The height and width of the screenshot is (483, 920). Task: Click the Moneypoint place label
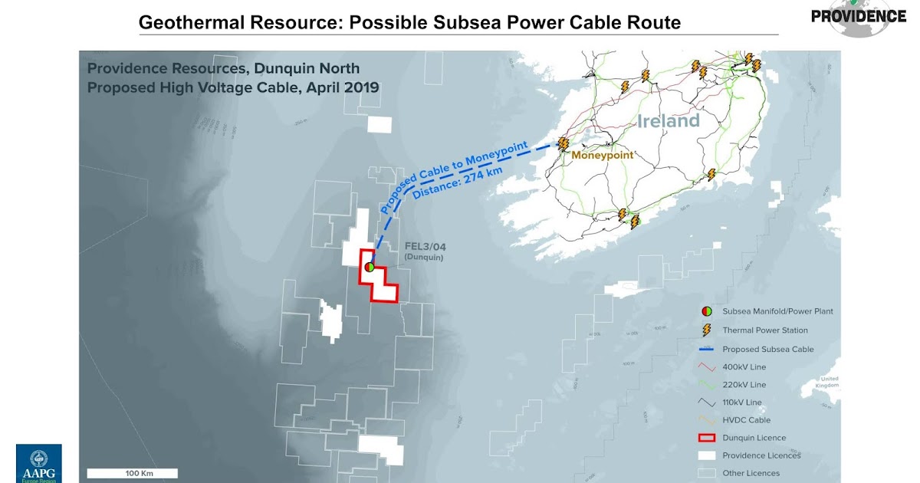603,155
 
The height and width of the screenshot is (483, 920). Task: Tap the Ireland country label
669,121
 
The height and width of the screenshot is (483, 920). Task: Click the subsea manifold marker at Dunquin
370,267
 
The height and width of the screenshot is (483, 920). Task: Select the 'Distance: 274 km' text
458,182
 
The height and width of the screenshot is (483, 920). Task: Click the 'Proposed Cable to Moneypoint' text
452,165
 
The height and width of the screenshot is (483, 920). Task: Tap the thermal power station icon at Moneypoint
563,143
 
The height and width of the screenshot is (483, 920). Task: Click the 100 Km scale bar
132,473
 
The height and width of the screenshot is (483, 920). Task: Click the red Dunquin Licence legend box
705,438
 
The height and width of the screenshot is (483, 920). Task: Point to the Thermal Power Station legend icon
705,330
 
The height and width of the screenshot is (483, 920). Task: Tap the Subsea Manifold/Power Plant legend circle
705,311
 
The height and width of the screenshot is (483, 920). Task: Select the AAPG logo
38,463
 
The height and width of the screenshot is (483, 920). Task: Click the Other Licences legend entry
751,473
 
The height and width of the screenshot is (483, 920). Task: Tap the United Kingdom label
829,383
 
